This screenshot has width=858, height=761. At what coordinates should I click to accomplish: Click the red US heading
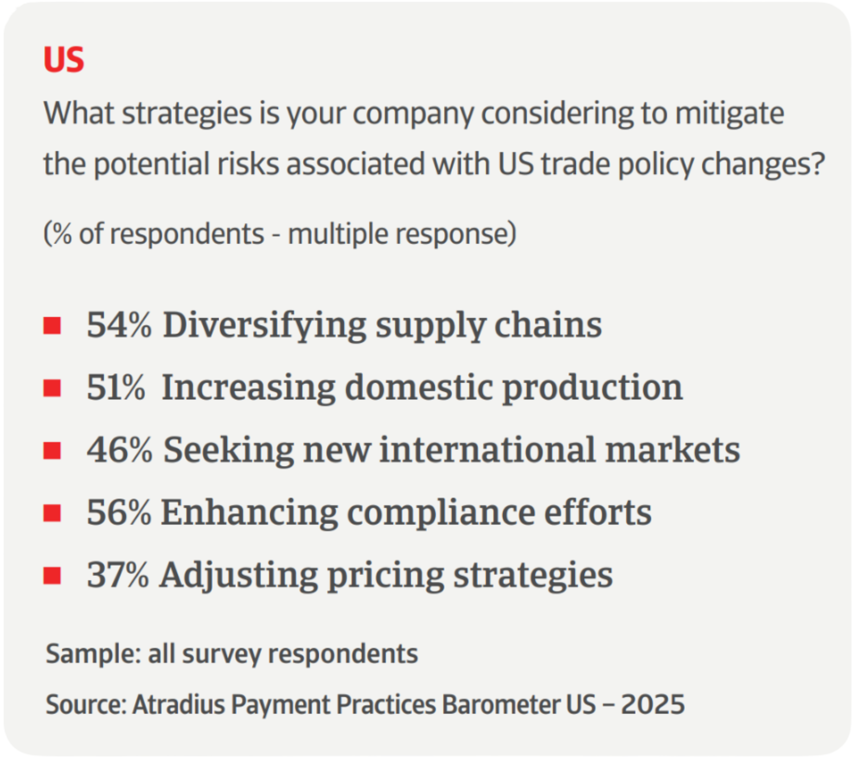[x=64, y=60]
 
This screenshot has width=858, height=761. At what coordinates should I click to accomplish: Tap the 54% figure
[x=119, y=325]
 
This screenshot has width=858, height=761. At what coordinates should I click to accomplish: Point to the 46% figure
[x=119, y=450]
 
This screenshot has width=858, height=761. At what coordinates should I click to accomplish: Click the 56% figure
[x=118, y=512]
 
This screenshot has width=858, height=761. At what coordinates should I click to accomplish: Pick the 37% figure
[x=118, y=575]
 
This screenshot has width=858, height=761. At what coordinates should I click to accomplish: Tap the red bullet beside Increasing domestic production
[x=52, y=388]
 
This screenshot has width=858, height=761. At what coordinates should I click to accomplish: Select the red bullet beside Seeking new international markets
[x=52, y=450]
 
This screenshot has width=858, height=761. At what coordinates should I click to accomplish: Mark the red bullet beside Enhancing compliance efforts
[x=52, y=513]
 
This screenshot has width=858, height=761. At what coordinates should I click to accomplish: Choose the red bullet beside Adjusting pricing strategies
[x=52, y=576]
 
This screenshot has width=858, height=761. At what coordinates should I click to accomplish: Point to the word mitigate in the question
[x=729, y=114]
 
